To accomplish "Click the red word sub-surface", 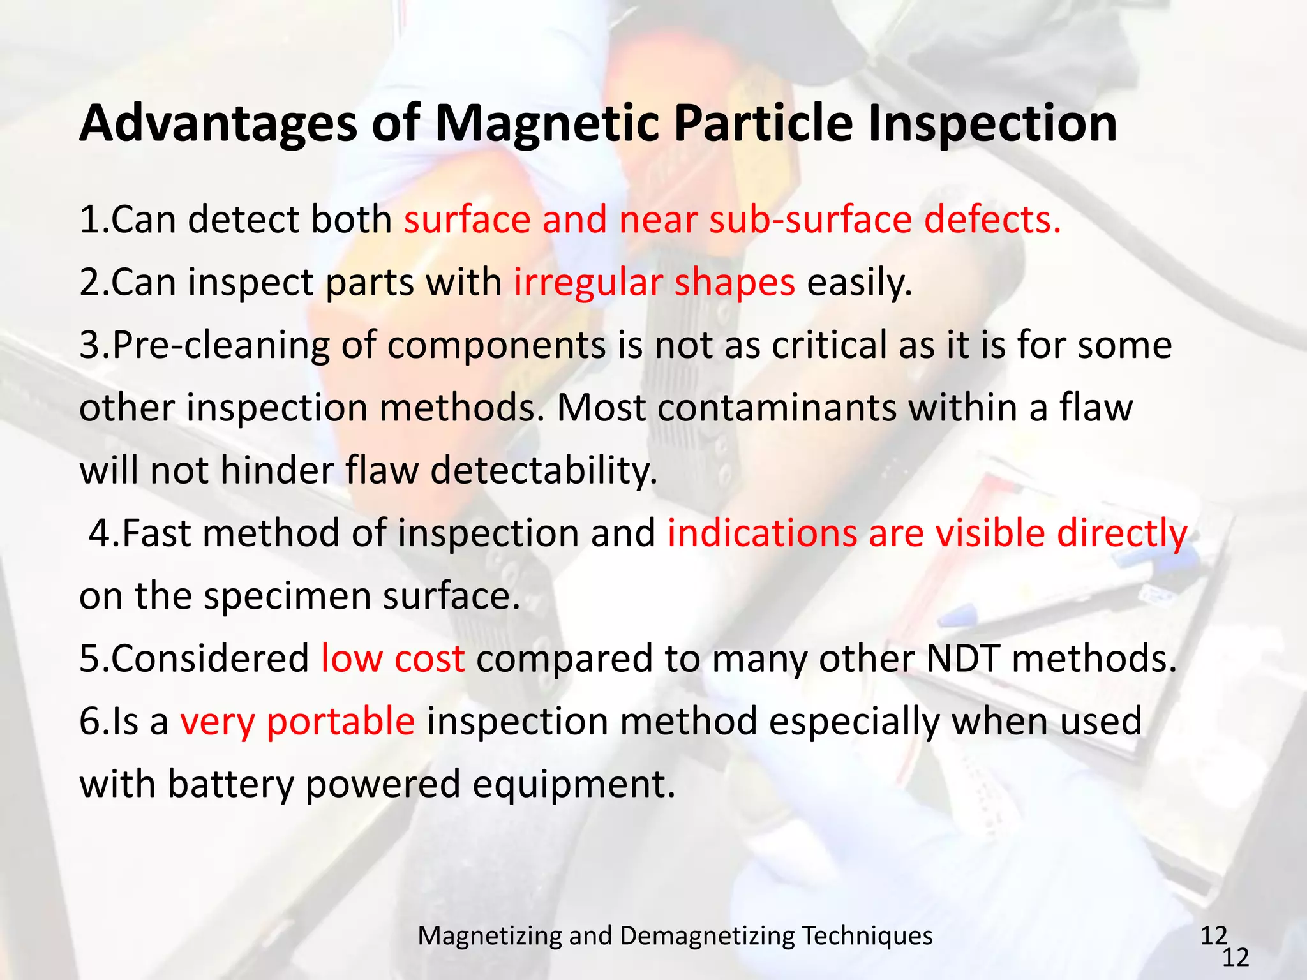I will point(810,219).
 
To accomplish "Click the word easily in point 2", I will point(859,283).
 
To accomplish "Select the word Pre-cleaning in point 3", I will point(221,345).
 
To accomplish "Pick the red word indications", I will point(762,533).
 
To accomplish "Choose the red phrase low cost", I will point(392,658).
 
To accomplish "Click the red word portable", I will point(341,722).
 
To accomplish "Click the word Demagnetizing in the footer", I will point(707,936).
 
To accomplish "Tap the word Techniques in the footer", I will point(867,936).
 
